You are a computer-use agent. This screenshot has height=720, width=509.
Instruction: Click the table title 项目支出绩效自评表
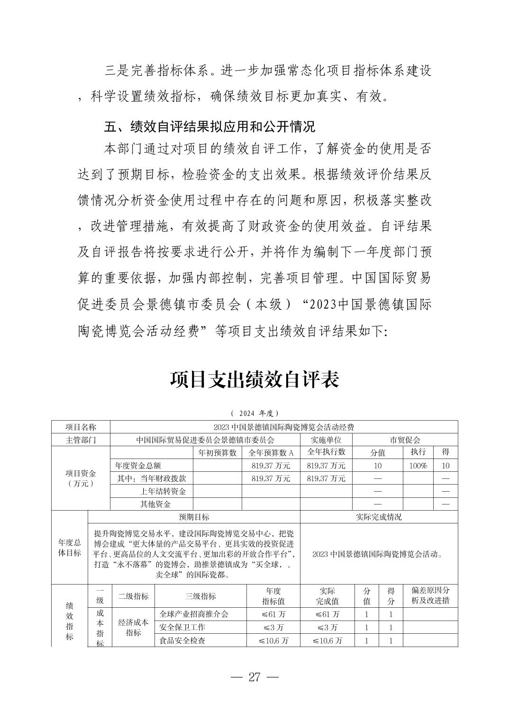coord(255,380)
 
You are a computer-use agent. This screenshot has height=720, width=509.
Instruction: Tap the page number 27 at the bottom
coord(255,677)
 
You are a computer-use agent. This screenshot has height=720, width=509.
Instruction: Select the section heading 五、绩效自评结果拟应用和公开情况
coord(209,127)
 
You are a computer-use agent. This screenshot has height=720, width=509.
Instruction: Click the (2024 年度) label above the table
coord(255,413)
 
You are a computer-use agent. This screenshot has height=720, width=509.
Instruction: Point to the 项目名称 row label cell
coord(81,427)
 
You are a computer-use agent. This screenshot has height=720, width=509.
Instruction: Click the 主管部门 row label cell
coord(81,440)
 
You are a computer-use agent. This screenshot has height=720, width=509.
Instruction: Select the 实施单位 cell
coord(326,440)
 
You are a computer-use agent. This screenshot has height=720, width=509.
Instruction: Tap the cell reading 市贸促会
coord(405,440)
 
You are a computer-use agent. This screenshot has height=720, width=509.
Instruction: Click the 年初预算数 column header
coord(218,452)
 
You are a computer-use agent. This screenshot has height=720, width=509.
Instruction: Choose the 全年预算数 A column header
coord(271,452)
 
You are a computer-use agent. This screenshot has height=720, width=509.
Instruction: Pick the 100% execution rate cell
coord(418,466)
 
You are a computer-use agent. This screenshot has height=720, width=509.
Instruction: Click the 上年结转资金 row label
coord(163,491)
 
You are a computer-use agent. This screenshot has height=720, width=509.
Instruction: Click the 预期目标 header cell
coord(194,517)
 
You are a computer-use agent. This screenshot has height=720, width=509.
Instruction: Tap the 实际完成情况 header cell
coord(379,517)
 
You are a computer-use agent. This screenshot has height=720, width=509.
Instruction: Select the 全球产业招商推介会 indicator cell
coord(194,614)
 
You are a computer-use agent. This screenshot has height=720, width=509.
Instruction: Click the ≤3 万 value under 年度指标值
coord(273,627)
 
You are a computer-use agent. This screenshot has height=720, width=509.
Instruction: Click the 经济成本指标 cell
coord(133,627)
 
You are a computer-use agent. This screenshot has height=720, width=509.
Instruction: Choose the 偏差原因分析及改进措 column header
coord(430,596)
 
